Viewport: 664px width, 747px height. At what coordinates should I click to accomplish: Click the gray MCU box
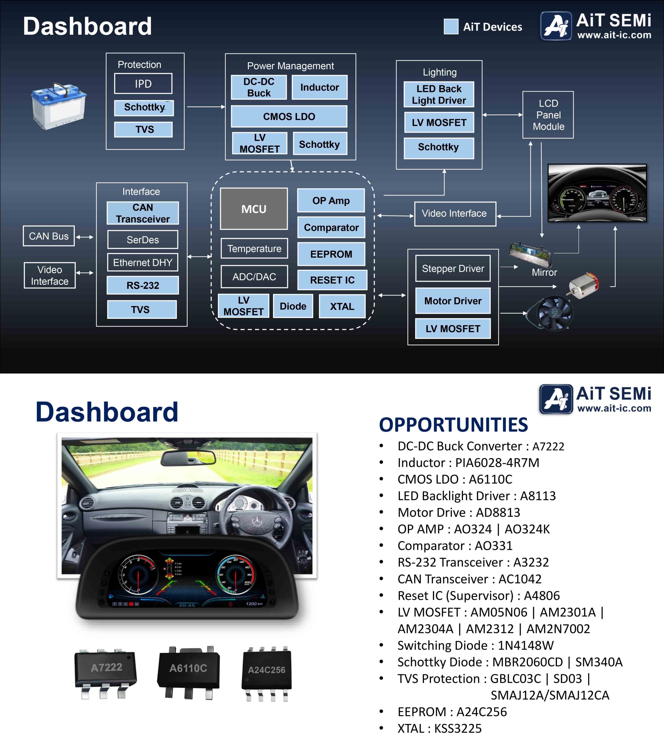(x=254, y=209)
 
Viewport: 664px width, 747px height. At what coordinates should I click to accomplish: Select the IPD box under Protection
(x=143, y=84)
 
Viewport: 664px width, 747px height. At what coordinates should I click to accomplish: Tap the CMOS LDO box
(x=289, y=116)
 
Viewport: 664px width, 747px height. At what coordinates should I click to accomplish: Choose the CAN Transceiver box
(x=143, y=213)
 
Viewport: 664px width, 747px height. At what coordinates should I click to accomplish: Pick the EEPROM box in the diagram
(x=331, y=254)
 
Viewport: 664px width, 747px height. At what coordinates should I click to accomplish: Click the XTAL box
(x=342, y=306)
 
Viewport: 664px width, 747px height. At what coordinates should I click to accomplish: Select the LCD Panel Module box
(x=548, y=115)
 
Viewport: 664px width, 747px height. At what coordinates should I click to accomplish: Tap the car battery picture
(x=58, y=106)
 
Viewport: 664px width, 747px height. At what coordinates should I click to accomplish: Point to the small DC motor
(x=583, y=285)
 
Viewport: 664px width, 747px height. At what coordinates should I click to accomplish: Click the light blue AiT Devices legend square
(x=451, y=26)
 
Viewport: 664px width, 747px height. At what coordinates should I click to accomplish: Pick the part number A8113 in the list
(x=538, y=496)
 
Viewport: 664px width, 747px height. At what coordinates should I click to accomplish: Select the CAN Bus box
(x=49, y=236)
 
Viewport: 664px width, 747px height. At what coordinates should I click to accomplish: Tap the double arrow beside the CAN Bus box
(x=84, y=237)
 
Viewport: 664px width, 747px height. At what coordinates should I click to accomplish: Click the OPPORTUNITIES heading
(x=453, y=425)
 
